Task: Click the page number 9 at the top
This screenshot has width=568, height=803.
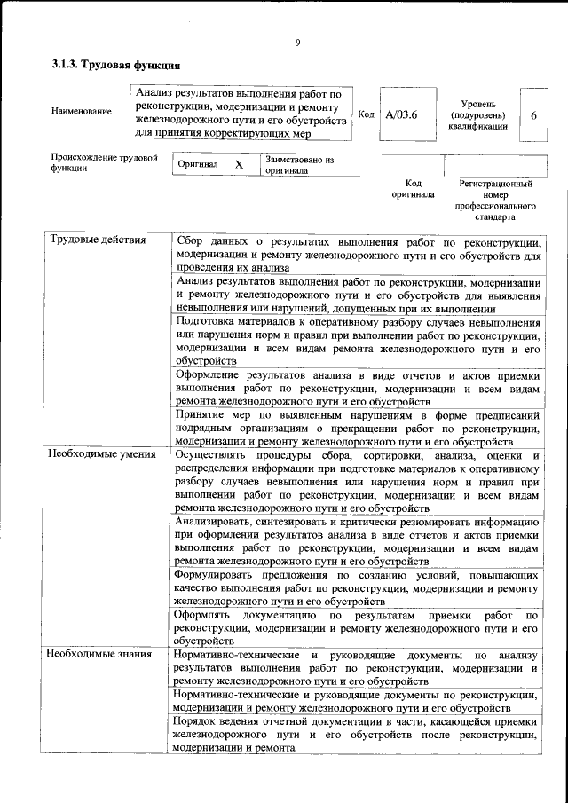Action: pos(298,42)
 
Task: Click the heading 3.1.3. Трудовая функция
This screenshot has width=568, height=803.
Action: pos(116,65)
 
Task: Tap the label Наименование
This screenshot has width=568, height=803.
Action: pos(83,111)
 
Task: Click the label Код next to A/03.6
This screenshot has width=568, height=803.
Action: pos(366,114)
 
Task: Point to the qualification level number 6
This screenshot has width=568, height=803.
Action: pos(533,115)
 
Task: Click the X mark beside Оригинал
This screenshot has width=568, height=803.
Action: pos(238,165)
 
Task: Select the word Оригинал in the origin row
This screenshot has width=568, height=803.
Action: pos(198,165)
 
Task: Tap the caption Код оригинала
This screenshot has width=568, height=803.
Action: pos(413,189)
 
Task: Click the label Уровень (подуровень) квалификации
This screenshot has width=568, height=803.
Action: pos(477,115)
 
